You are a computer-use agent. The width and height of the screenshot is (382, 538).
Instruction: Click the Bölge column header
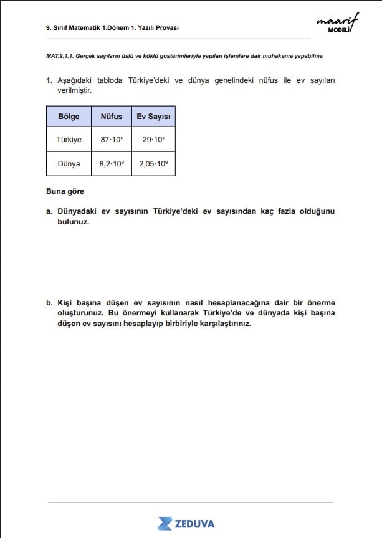coord(69,117)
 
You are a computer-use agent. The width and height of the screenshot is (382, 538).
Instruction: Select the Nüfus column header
coord(112,117)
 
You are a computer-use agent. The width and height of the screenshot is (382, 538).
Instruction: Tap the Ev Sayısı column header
coord(153,117)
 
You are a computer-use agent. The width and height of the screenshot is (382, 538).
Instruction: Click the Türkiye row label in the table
coord(69,140)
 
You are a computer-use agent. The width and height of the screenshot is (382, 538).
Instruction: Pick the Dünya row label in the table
coord(69,164)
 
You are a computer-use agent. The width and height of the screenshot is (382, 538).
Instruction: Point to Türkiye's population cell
coord(112,140)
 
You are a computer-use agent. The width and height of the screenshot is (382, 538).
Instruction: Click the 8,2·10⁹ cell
coord(112,164)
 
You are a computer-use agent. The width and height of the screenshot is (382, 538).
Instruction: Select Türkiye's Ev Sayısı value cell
coord(153,140)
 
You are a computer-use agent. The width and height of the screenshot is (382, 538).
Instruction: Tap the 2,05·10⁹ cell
coord(153,164)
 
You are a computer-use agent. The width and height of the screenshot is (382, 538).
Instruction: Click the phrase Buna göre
coord(65,191)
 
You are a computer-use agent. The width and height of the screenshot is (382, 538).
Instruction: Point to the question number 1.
coord(49,81)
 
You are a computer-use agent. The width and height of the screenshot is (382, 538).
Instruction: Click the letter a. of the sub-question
coord(49,211)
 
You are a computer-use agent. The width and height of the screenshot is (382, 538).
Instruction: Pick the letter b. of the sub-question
coord(49,303)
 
